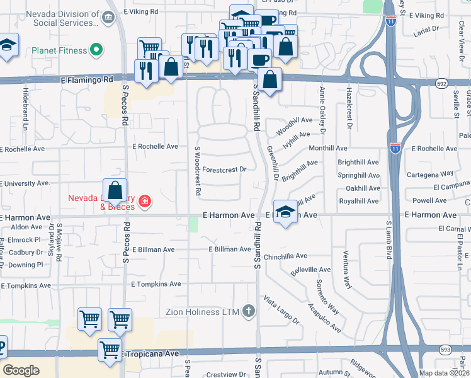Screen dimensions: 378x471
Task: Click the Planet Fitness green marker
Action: pos(96,49)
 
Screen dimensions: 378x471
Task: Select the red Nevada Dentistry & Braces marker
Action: pos(145,202)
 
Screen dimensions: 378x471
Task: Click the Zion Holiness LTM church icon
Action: pos(249,311)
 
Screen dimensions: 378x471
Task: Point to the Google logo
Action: pos(21,370)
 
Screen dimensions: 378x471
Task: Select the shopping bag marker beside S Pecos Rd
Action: pos(115,190)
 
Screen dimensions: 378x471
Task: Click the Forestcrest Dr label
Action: pos(224,169)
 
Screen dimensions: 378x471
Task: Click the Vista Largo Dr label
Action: pos(281,309)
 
